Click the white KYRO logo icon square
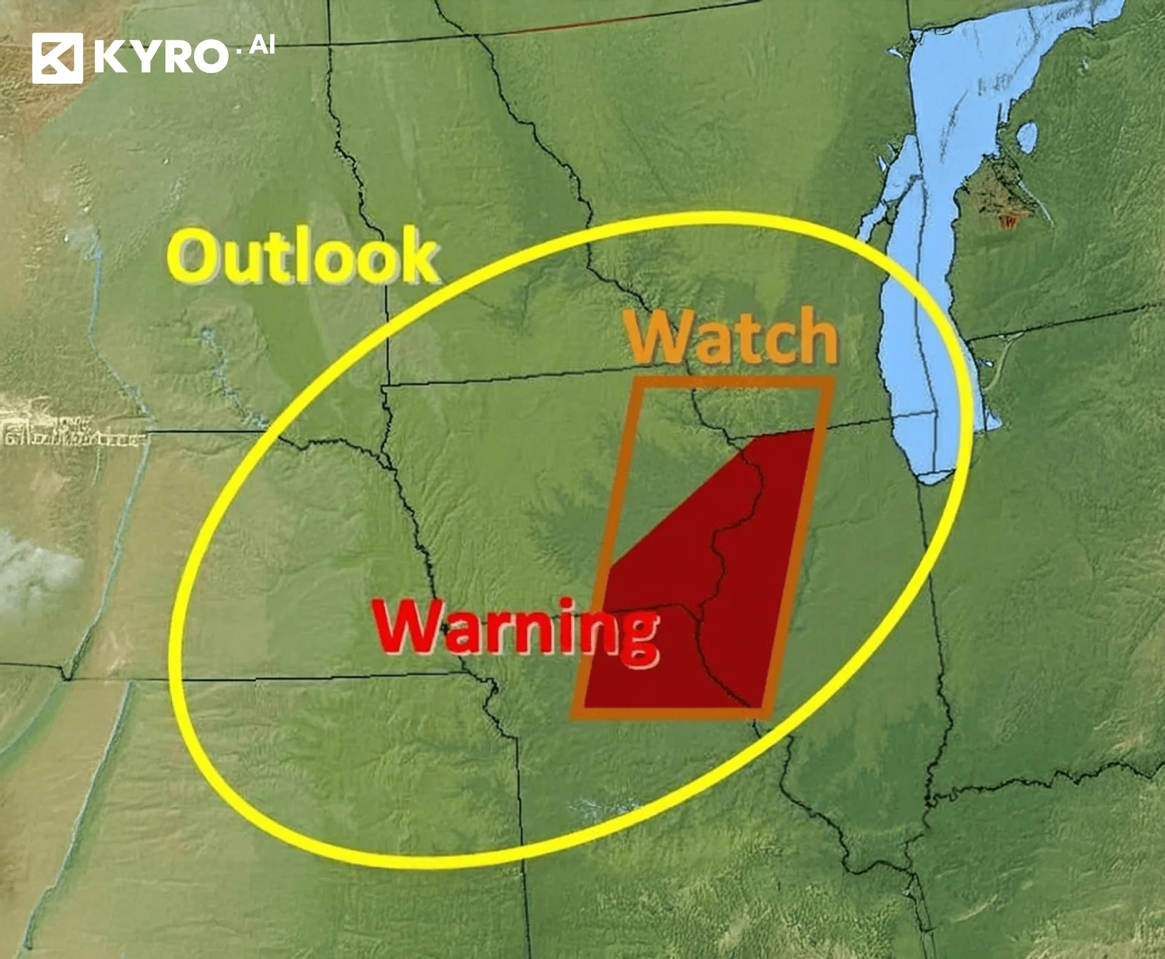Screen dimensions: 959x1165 (57, 58)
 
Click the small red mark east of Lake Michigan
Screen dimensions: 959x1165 (1008, 222)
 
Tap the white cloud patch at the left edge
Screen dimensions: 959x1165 (33, 574)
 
